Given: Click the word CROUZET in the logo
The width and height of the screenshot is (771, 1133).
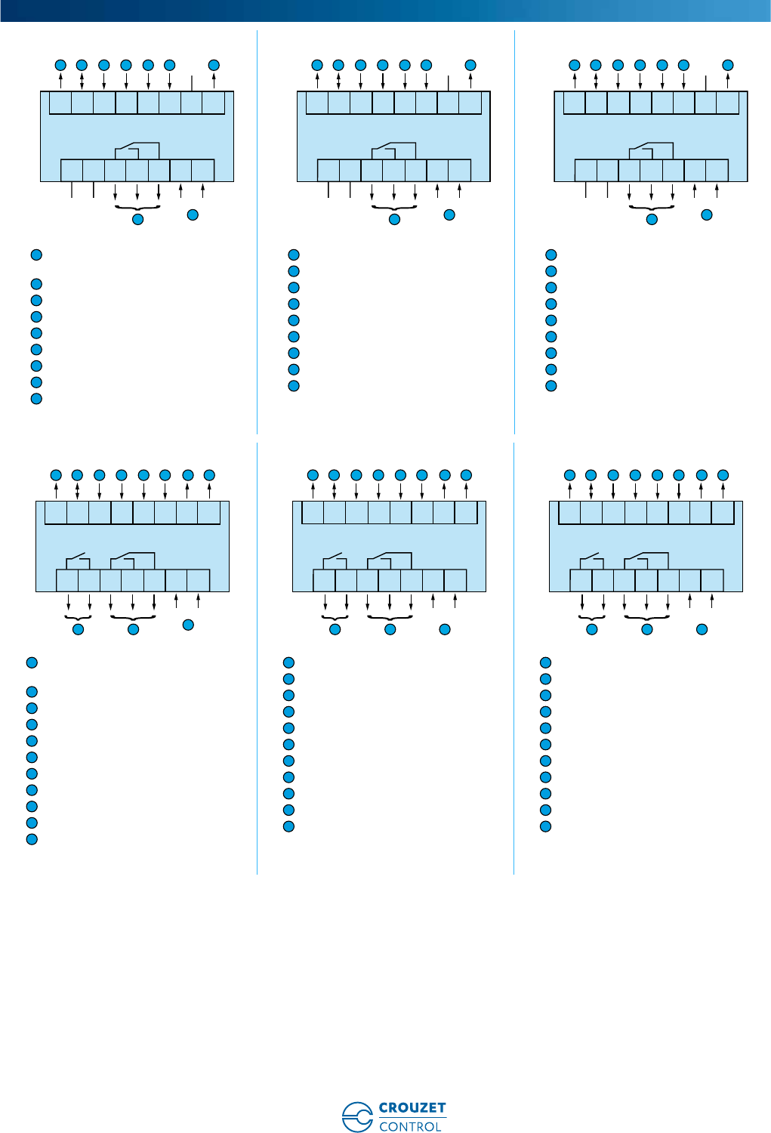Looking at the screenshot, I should point(412,1108).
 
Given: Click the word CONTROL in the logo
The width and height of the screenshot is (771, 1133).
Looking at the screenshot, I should point(410,1126).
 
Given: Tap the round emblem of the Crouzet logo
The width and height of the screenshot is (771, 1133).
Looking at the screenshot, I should point(356,1117).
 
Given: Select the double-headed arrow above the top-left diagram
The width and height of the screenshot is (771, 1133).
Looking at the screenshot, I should point(82,80).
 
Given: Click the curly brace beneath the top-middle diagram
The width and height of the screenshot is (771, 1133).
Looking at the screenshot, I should point(394,207).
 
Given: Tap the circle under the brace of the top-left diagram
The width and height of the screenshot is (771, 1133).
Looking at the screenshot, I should point(137,220).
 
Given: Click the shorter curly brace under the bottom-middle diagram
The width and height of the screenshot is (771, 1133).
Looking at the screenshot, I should point(335,616).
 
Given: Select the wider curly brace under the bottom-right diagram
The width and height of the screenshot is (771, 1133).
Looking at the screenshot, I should point(646,616).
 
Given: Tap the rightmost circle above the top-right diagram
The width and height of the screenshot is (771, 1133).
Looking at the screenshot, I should point(728,65).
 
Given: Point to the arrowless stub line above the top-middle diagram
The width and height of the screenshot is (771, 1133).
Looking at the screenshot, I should point(449,83).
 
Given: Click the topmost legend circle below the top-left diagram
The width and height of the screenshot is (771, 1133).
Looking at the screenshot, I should point(36,255).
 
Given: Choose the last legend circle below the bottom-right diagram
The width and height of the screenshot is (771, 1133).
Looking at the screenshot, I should point(545,826).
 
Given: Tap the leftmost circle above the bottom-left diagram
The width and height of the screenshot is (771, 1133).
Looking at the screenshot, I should point(56,475).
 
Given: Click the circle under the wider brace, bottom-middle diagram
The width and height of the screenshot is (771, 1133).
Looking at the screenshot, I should point(390,629).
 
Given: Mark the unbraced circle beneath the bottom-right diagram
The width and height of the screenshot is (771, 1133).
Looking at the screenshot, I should point(702,629).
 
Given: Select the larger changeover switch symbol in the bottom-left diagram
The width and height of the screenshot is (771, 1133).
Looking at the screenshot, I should point(132,560).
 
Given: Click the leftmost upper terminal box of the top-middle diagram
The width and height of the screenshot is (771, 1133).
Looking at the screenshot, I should point(317,103).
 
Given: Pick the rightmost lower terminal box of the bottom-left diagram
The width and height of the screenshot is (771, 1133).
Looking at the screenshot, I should point(198,580).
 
